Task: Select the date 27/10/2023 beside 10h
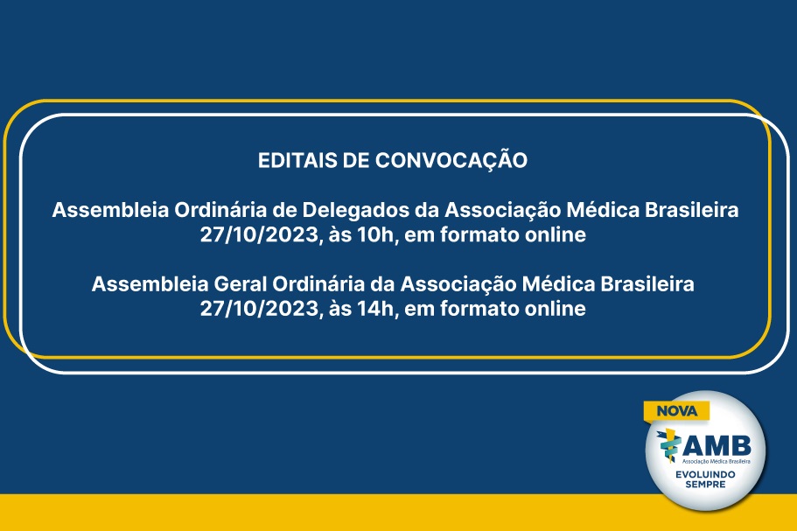click(261, 235)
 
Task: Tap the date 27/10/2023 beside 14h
click(261, 309)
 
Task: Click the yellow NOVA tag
click(676, 411)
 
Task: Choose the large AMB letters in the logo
click(717, 445)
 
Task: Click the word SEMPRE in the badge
click(705, 485)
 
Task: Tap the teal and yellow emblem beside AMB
click(668, 445)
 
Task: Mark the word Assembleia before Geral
click(150, 284)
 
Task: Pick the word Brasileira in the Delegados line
click(692, 210)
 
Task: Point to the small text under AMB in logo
click(716, 461)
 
